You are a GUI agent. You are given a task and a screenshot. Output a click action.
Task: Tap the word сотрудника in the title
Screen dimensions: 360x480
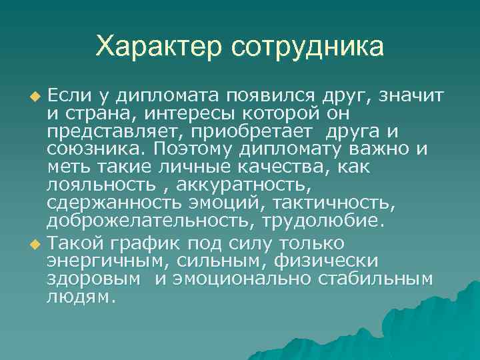(308, 47)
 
